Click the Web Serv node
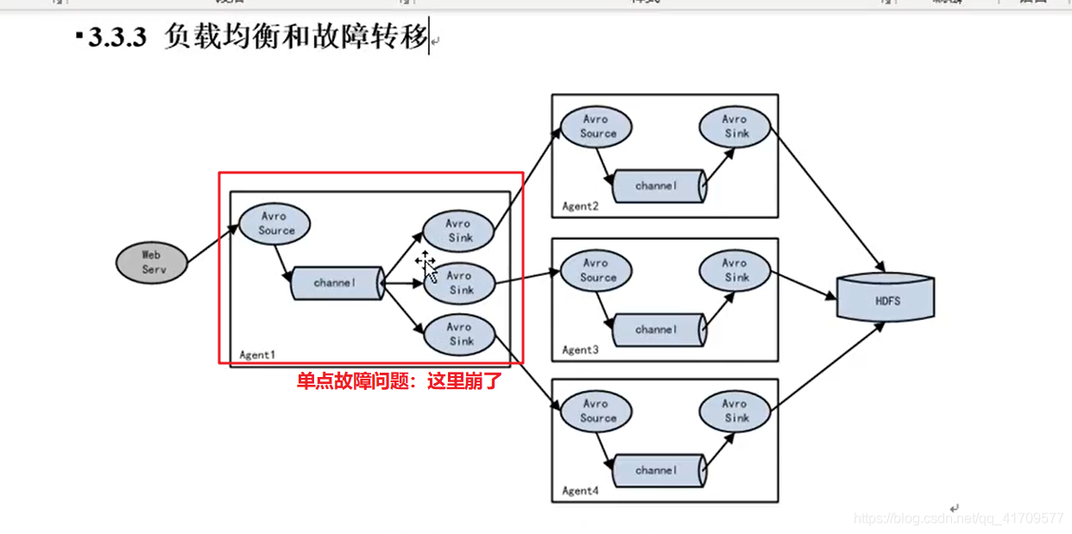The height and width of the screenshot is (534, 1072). pos(151,262)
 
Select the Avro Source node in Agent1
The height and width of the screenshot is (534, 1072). pos(274,224)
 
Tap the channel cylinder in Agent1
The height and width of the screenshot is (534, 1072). pos(337,283)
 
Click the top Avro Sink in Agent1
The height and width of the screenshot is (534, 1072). pos(459,230)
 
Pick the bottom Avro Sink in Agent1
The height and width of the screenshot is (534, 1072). pos(459,335)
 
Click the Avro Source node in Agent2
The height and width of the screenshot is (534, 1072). pos(596,127)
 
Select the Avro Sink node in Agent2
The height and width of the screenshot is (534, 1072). pos(735,127)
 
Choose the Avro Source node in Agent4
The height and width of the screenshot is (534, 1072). pos(596,411)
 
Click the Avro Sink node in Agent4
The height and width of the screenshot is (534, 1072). pos(735,411)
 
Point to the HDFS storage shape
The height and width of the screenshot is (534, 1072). pos(886,299)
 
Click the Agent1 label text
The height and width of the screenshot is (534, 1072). pos(257,355)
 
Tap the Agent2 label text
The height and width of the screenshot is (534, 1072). pos(579,207)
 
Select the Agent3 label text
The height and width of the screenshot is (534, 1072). pos(579,350)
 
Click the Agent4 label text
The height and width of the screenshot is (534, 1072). pos(579,492)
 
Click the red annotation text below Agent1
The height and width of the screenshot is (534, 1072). pos(399,380)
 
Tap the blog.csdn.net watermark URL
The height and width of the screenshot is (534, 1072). pos(958,518)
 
